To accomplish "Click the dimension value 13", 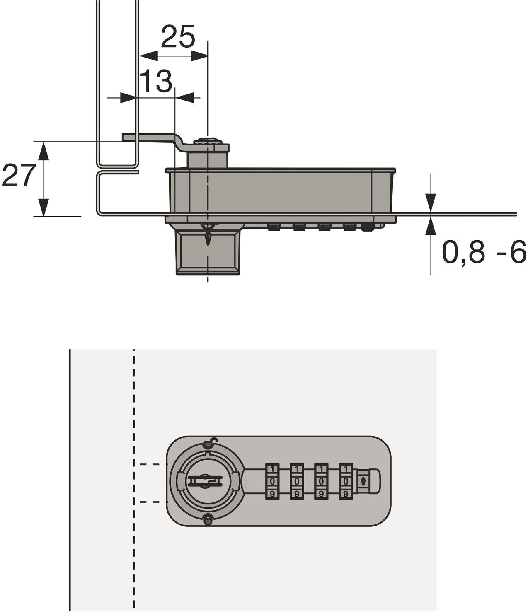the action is coord(156,81).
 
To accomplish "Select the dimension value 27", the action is coord(19,175).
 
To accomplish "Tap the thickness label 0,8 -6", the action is coord(484,252).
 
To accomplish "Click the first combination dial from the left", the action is coord(272,481).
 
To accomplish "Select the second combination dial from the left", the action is coord(297,481).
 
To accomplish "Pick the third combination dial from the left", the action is coord(321,481).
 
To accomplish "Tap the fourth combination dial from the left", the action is coord(346,481).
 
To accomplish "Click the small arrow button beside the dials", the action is coord(363,481).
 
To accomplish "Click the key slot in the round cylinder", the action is coord(204,481).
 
